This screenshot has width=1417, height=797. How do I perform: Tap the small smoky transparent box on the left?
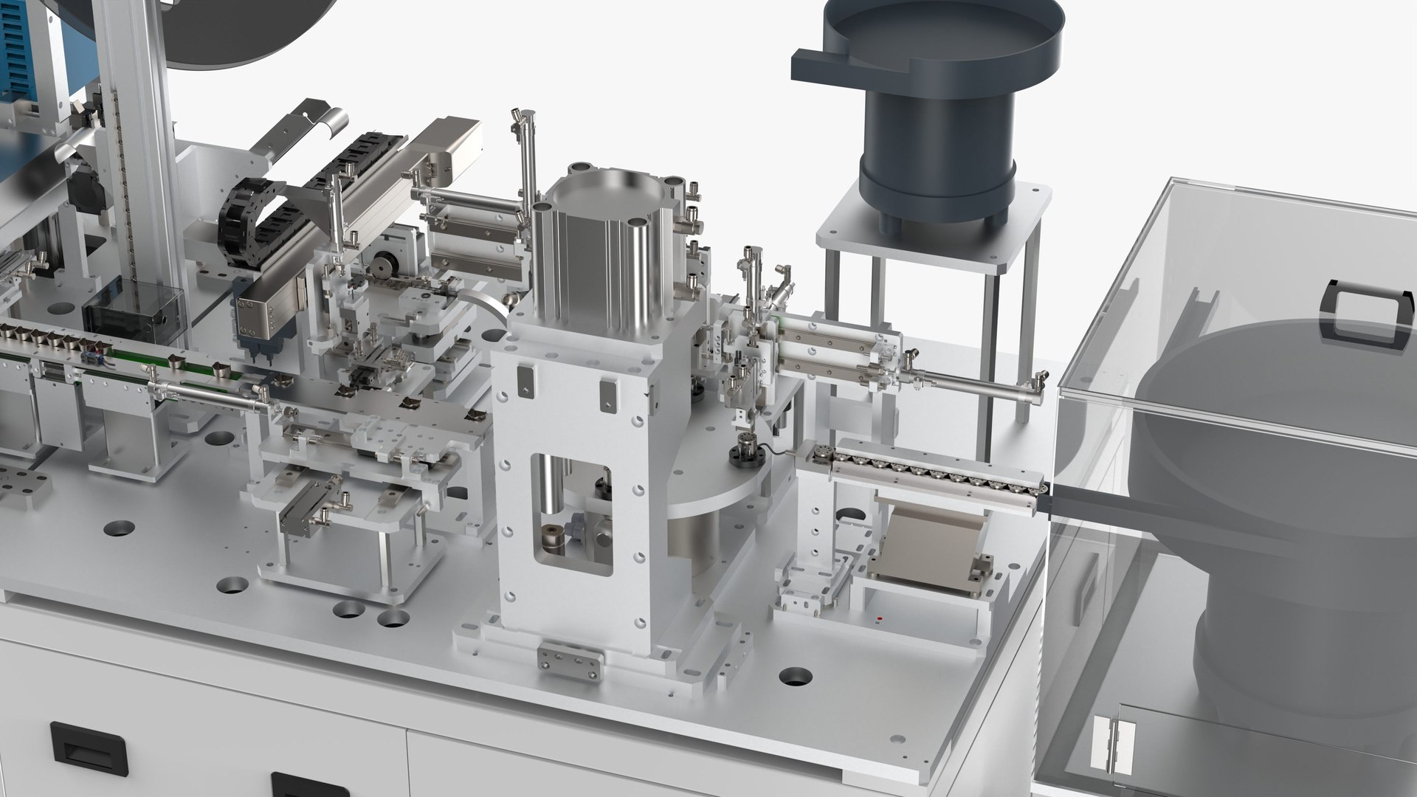coord(133,310)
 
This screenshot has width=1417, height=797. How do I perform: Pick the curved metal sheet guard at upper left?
coord(321,122)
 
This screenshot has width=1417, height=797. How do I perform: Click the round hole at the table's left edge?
coord(119,528)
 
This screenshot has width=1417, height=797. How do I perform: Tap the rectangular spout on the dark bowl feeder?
coord(816,66)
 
